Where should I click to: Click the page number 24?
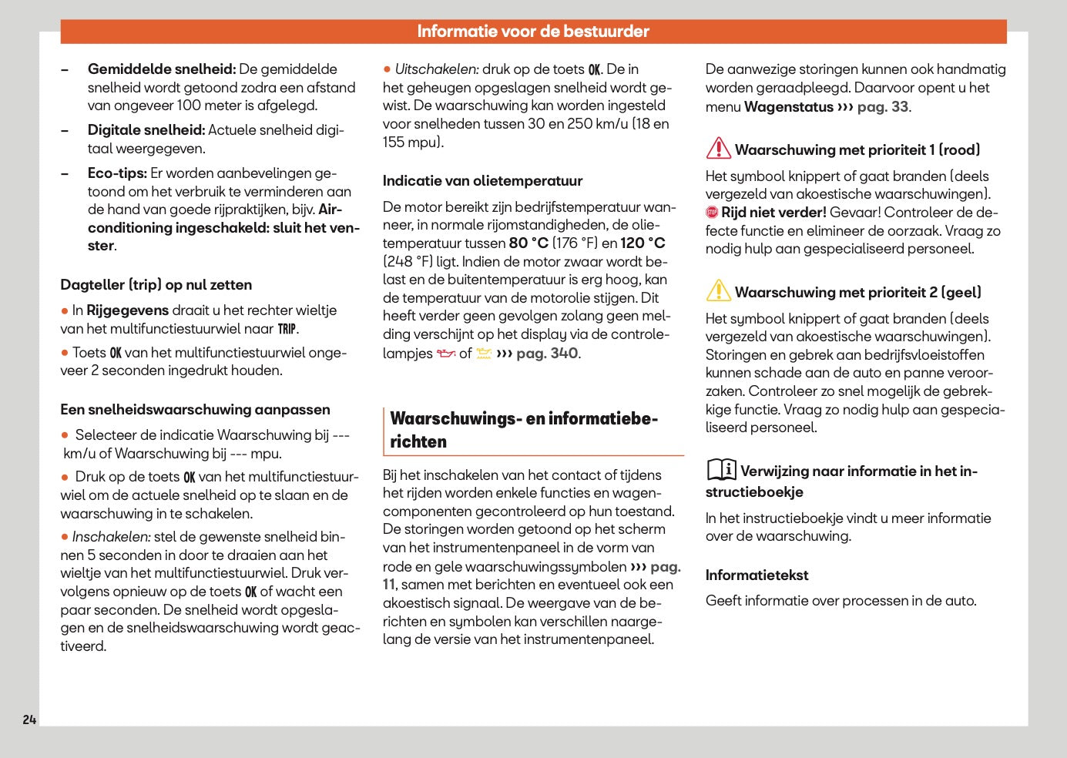[29, 719]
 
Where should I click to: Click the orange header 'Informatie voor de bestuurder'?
[533, 32]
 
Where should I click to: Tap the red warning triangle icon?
[718, 148]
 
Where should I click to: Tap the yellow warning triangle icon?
[718, 290]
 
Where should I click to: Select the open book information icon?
[721, 469]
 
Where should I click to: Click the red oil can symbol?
[446, 354]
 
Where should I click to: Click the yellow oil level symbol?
[483, 354]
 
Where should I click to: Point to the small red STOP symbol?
[712, 213]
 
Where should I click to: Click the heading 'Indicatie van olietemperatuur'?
[482, 181]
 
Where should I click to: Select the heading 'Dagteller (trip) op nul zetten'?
[156, 285]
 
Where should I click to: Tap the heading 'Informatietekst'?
[757, 575]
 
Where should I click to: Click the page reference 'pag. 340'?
[547, 354]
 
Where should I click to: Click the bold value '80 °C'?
[528, 243]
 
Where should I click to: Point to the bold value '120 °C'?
[643, 243]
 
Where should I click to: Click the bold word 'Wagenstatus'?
[788, 107]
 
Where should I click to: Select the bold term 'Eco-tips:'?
[117, 173]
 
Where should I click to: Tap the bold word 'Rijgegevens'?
[127, 310]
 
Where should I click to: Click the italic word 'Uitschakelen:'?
[436, 69]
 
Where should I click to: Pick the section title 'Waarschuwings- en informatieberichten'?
[523, 430]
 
